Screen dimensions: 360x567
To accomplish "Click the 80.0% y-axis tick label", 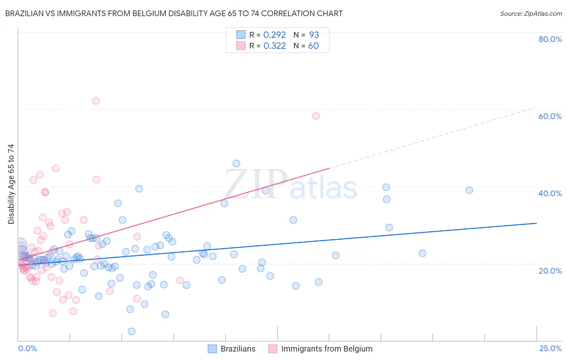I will pos(550,39).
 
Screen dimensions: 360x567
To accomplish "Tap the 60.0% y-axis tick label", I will pos(550,116).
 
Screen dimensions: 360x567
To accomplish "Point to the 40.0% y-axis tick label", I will pos(550,193).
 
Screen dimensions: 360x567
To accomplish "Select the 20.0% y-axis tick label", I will pos(550,270).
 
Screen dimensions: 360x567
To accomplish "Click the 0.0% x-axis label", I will pos(27,348).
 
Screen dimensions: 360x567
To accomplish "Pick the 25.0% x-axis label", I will pos(550,348).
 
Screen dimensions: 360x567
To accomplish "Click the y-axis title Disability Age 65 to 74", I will pos(11,184).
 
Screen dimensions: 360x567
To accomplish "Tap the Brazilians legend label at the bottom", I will pos(238,349).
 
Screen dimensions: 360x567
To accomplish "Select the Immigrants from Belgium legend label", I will pos(327,349).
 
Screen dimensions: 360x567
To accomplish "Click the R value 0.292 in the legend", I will pos(274,35).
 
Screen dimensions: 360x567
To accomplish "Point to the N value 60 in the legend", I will pos(313,46).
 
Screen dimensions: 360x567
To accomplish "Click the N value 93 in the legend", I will pos(314,35).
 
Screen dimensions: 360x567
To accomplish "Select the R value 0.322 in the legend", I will pos(274,46).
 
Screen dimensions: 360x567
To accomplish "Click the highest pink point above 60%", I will pos(96,101).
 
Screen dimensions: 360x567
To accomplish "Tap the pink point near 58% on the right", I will pos(316,116).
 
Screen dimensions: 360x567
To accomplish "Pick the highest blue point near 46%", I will pos(236,163).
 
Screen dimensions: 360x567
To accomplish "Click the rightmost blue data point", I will pos(469,190).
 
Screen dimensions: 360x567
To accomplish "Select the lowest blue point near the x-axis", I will pos(131,331).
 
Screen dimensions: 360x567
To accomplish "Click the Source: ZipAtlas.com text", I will pos(531,14).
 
